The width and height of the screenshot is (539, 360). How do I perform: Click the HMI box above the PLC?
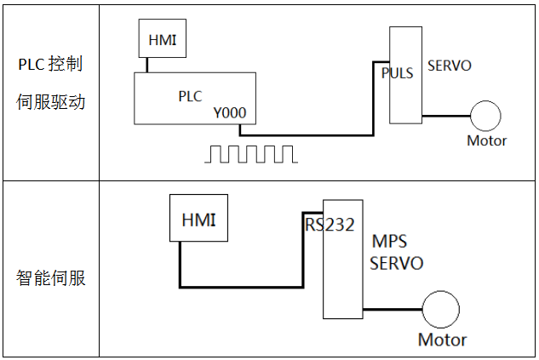pos(163,40)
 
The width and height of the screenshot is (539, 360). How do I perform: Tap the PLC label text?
pos(190,96)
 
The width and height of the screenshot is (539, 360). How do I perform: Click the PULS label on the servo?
pos(398,73)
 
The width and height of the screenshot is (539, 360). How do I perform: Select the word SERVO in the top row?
pos(449,66)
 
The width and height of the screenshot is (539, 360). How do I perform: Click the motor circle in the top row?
pos(486,116)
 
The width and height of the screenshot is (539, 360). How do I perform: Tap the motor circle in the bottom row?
pos(440,309)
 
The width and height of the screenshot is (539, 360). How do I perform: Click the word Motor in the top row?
pos(486,140)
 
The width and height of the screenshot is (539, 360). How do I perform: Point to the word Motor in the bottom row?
pos(442,340)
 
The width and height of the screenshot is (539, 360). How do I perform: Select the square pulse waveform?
pos(252,154)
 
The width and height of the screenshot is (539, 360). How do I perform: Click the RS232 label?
pos(330,226)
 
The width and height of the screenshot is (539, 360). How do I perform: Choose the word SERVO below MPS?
pos(396,263)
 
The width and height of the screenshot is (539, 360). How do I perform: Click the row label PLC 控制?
pos(50,66)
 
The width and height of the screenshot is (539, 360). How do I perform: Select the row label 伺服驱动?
pos(50,104)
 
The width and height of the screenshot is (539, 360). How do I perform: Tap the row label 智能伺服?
pos(50,278)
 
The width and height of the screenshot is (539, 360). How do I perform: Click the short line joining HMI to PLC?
pos(147,65)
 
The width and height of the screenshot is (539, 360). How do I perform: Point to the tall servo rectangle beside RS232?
pos(342,272)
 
